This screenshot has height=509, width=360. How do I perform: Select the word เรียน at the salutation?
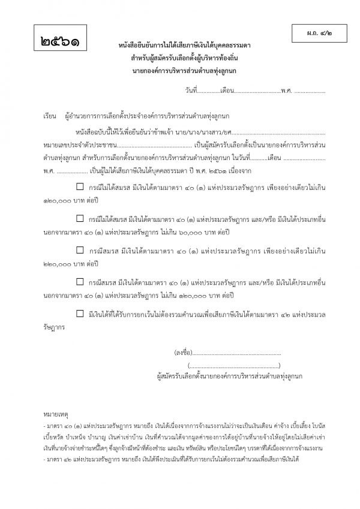(x=50, y=115)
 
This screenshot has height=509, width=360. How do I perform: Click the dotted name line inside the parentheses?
(x=234, y=365)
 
